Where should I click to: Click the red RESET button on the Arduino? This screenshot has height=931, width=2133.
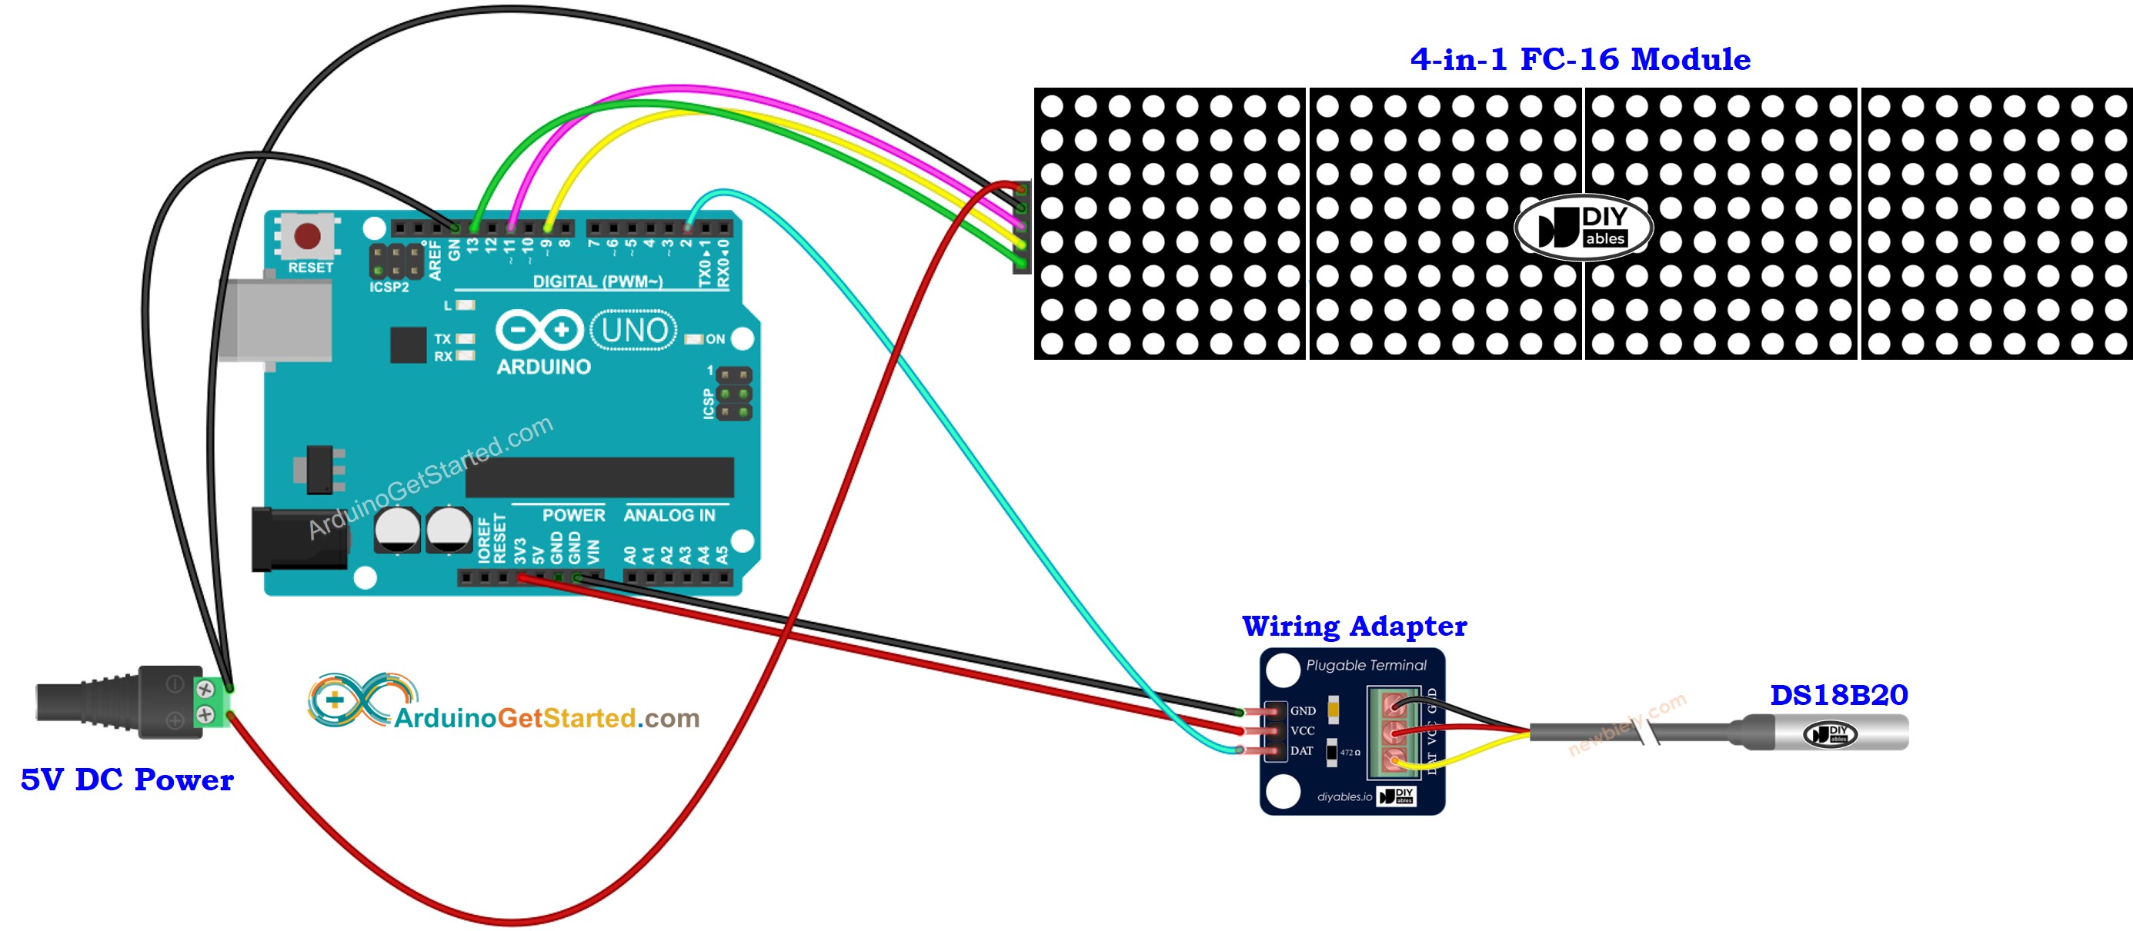click(x=307, y=236)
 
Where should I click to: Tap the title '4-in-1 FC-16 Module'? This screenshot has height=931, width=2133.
click(x=1580, y=60)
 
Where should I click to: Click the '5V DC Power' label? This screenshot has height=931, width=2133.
click(x=127, y=780)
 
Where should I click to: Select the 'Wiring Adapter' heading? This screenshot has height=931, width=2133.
click(x=1354, y=627)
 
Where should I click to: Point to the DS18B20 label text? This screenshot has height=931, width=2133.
click(x=1838, y=695)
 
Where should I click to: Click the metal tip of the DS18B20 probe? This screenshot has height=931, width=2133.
click(x=1847, y=733)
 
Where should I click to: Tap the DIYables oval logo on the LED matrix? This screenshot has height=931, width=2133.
click(x=1583, y=227)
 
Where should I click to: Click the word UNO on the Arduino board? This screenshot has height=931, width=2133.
click(x=634, y=331)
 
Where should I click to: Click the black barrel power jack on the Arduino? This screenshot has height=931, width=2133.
click(x=298, y=540)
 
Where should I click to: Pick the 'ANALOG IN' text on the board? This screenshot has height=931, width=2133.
click(x=669, y=516)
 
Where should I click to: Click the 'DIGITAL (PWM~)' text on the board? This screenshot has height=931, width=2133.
click(x=597, y=281)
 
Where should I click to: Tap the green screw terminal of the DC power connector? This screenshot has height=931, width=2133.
click(x=211, y=702)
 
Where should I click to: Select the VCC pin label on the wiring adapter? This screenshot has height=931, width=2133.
click(x=1303, y=731)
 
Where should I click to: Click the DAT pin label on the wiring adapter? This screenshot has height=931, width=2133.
click(x=1302, y=751)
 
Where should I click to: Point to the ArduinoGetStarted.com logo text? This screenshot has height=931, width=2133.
click(x=546, y=717)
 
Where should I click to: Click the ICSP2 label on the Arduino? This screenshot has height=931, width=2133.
click(x=389, y=288)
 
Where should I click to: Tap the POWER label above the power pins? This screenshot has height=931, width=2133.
click(x=573, y=516)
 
